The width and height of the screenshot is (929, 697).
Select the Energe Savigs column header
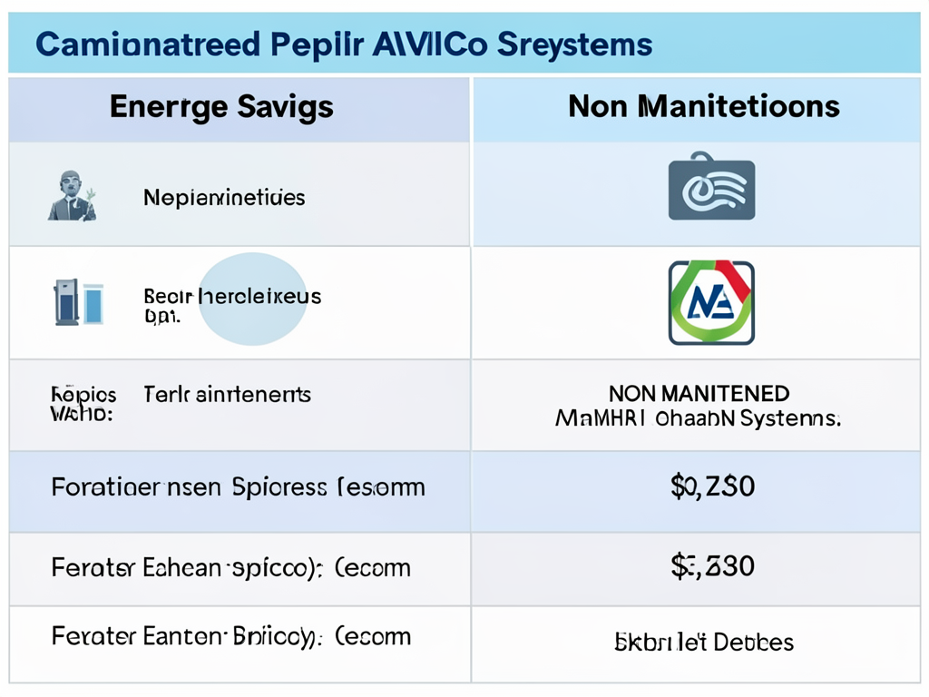(221, 107)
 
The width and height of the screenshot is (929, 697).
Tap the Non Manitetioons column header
(704, 107)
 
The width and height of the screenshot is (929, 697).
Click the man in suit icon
(72, 195)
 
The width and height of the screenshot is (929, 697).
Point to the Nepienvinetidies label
(224, 197)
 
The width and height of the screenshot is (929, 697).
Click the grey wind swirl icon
(711, 190)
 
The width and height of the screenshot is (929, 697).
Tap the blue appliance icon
(78, 302)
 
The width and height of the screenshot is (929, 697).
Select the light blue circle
(252, 299)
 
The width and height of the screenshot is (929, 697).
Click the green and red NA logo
(711, 302)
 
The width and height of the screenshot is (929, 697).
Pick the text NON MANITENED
(699, 394)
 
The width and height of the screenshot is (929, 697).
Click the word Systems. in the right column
(790, 418)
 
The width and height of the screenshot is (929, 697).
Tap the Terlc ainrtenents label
(227, 395)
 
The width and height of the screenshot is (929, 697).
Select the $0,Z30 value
(712, 487)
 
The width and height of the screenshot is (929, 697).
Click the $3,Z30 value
(712, 567)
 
